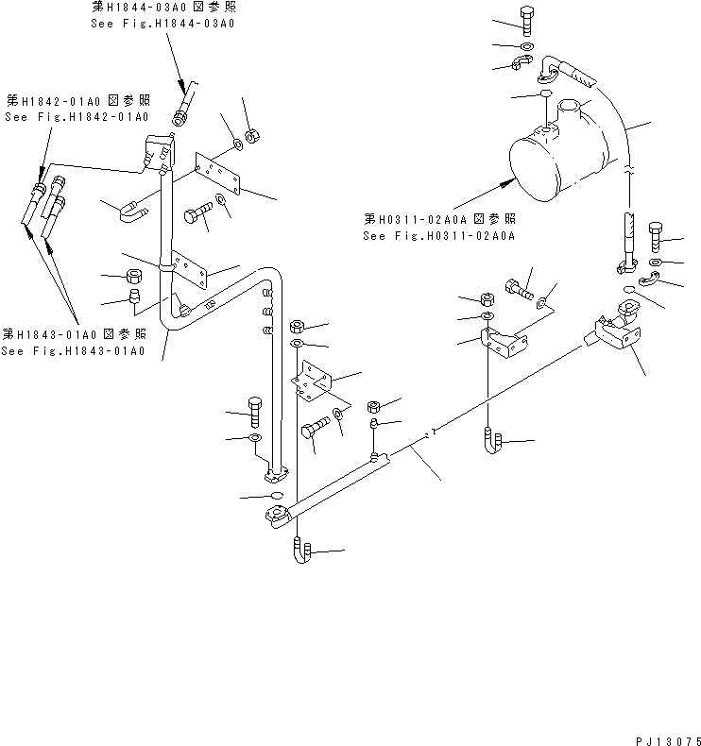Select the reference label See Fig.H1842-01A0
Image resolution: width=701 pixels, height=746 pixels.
(x=77, y=116)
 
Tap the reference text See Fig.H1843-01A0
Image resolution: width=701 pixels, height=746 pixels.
(x=74, y=351)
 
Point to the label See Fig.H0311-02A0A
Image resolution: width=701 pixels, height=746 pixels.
(x=437, y=236)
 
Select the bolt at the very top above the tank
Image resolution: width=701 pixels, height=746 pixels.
(x=526, y=18)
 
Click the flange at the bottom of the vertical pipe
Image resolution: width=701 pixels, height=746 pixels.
(x=275, y=469)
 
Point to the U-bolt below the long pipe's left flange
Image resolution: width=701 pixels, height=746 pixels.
(x=299, y=551)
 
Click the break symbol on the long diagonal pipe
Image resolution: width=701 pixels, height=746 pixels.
(x=431, y=435)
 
